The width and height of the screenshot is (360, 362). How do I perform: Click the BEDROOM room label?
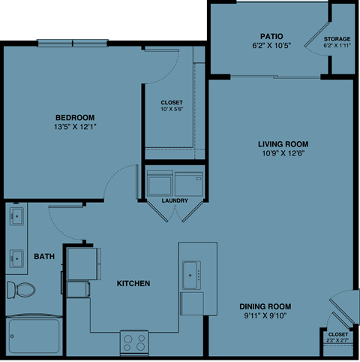[x=74, y=116]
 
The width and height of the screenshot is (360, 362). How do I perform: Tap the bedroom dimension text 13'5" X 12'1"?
[x=74, y=126]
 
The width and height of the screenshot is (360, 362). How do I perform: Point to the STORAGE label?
[x=337, y=38]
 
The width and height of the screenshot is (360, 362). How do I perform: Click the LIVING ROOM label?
[x=283, y=143]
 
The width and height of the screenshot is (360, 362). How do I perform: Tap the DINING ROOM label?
[x=265, y=306]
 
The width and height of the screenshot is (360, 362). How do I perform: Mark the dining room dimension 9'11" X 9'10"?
[x=265, y=315]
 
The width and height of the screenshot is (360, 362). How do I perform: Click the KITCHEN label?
[x=133, y=284]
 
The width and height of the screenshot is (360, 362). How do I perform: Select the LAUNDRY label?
[x=174, y=201]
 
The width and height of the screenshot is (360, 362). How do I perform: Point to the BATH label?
[x=44, y=257]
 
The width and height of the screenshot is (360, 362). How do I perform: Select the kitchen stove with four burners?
[x=134, y=342]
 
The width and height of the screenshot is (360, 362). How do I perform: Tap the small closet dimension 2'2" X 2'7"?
[x=337, y=340]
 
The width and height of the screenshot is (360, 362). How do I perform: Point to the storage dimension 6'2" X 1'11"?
[x=337, y=46]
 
